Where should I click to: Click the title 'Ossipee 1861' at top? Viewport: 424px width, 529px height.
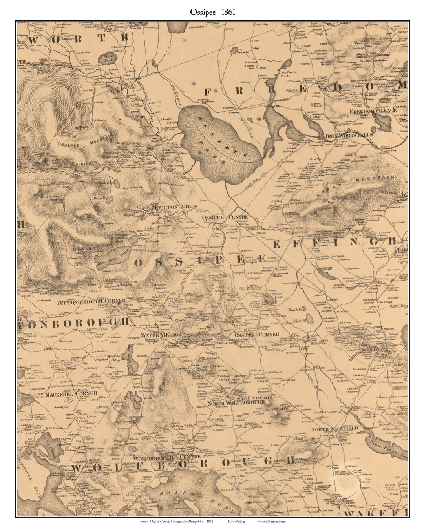point(212,12)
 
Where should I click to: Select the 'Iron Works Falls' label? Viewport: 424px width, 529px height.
point(349,135)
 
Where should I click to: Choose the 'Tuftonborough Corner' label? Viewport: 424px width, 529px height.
point(91,302)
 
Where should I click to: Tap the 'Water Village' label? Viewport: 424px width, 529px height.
point(161,335)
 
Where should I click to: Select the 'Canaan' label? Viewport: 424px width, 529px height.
point(84,248)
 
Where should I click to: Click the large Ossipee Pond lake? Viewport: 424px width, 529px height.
point(220,145)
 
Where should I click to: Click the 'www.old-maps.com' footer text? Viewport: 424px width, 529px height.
point(271,522)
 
